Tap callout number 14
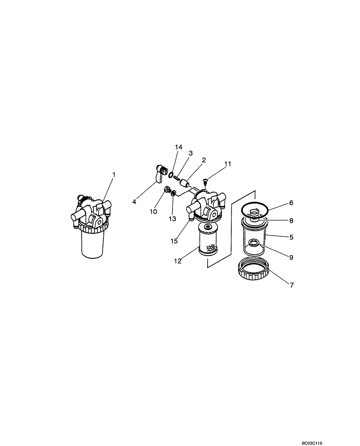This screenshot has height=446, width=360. coord(179,147)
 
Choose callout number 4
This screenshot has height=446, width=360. coord(134,201)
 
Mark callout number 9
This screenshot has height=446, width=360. coord(291,257)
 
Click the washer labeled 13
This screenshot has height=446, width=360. coord(173,193)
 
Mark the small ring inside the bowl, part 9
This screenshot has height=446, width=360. coord(254,242)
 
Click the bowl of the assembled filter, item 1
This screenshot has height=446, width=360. coord(93,245)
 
